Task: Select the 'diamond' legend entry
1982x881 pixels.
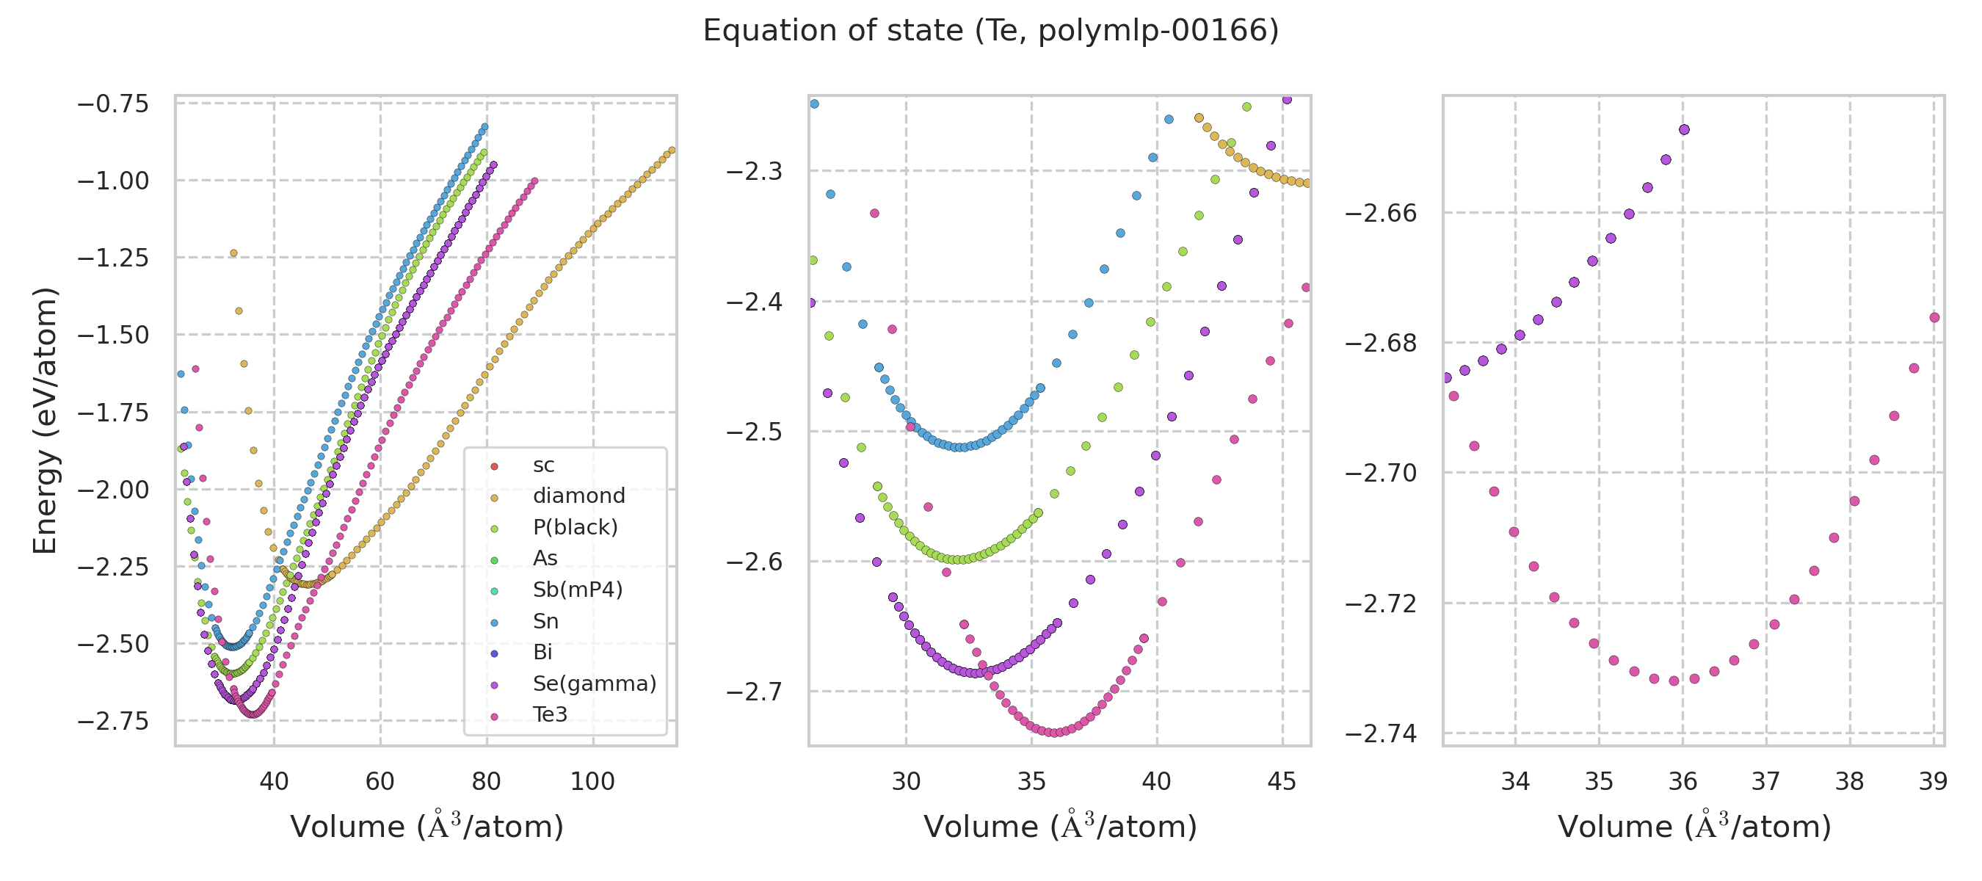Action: tap(578, 496)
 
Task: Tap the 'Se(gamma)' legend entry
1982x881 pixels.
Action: tap(594, 684)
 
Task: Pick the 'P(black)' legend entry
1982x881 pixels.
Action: tap(575, 527)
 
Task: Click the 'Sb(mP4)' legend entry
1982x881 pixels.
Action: tap(577, 590)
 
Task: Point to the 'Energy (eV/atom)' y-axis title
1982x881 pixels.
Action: tap(45, 420)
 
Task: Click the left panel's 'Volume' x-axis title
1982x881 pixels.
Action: tap(427, 827)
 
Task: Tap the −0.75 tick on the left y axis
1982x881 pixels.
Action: tap(112, 103)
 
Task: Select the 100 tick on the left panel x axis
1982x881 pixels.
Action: tap(592, 782)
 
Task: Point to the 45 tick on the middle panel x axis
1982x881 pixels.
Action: tap(1282, 782)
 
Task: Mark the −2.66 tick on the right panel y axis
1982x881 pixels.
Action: tap(1380, 213)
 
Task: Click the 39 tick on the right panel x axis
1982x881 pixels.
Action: tap(1933, 782)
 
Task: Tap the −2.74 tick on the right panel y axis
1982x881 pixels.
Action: tap(1380, 734)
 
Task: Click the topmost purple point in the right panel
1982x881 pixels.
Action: tap(1684, 129)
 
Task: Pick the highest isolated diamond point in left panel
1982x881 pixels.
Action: tap(234, 253)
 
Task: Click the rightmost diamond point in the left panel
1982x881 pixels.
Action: tap(672, 150)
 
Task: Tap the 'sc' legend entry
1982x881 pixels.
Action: tap(543, 465)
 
